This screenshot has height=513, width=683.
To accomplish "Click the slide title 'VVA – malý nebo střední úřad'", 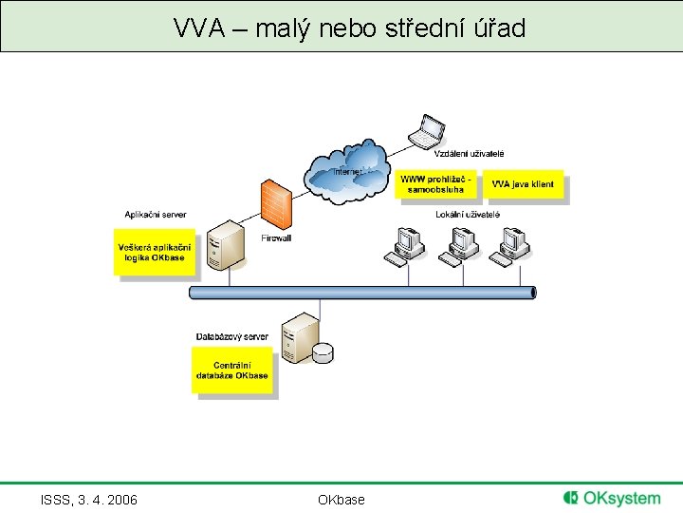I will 349,28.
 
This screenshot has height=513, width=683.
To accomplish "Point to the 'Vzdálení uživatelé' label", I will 470,154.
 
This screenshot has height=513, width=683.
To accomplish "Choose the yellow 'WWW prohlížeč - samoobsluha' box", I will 433,184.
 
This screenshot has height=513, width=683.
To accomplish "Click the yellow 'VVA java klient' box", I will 523,184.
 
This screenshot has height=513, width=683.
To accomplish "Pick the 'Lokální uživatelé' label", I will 468,215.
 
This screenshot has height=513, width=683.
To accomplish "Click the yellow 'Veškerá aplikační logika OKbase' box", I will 154,253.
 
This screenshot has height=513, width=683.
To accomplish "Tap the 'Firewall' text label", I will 276,238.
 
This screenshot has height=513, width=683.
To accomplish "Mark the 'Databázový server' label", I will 231,336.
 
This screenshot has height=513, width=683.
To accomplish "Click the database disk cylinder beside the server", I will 323,352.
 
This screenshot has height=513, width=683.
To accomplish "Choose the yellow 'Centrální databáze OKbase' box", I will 232,370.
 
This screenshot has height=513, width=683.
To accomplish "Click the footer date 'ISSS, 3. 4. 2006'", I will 89,500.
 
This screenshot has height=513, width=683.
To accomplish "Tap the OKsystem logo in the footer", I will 612,498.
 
